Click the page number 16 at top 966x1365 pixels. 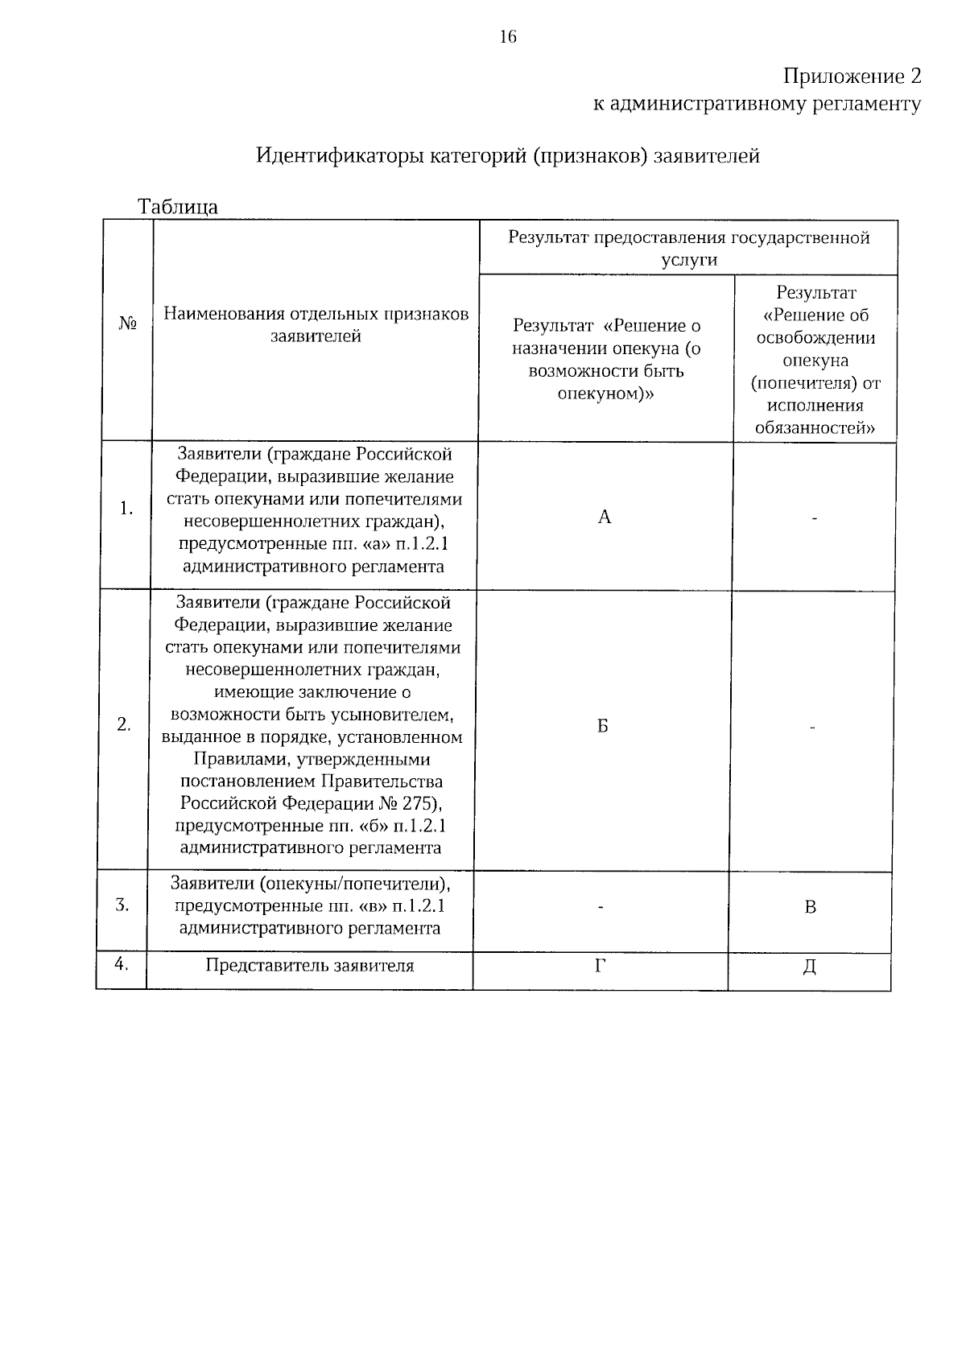tap(507, 37)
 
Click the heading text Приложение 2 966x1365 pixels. tap(852, 76)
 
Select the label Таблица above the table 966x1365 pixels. tap(177, 207)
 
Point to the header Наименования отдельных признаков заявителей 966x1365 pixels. tap(316, 325)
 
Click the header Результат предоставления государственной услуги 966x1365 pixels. tap(688, 249)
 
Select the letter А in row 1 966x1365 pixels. tap(605, 518)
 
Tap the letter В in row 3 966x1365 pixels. tap(811, 908)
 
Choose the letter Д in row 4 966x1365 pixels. tap(810, 967)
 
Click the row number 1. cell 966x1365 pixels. tap(126, 509)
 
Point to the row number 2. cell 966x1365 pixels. tap(123, 724)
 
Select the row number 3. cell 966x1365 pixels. tap(122, 905)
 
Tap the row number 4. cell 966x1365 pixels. tap(121, 963)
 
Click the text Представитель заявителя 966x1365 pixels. tap(310, 966)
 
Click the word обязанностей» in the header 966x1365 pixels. tap(815, 428)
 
